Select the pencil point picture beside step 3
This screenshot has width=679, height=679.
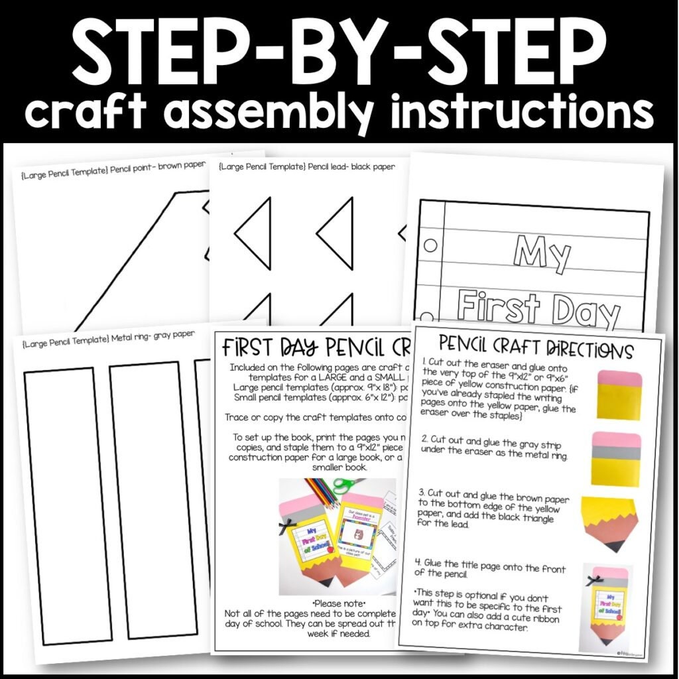click(611, 524)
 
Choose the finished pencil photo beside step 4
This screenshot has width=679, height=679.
click(606, 607)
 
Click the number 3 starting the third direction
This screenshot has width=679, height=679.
click(422, 493)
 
